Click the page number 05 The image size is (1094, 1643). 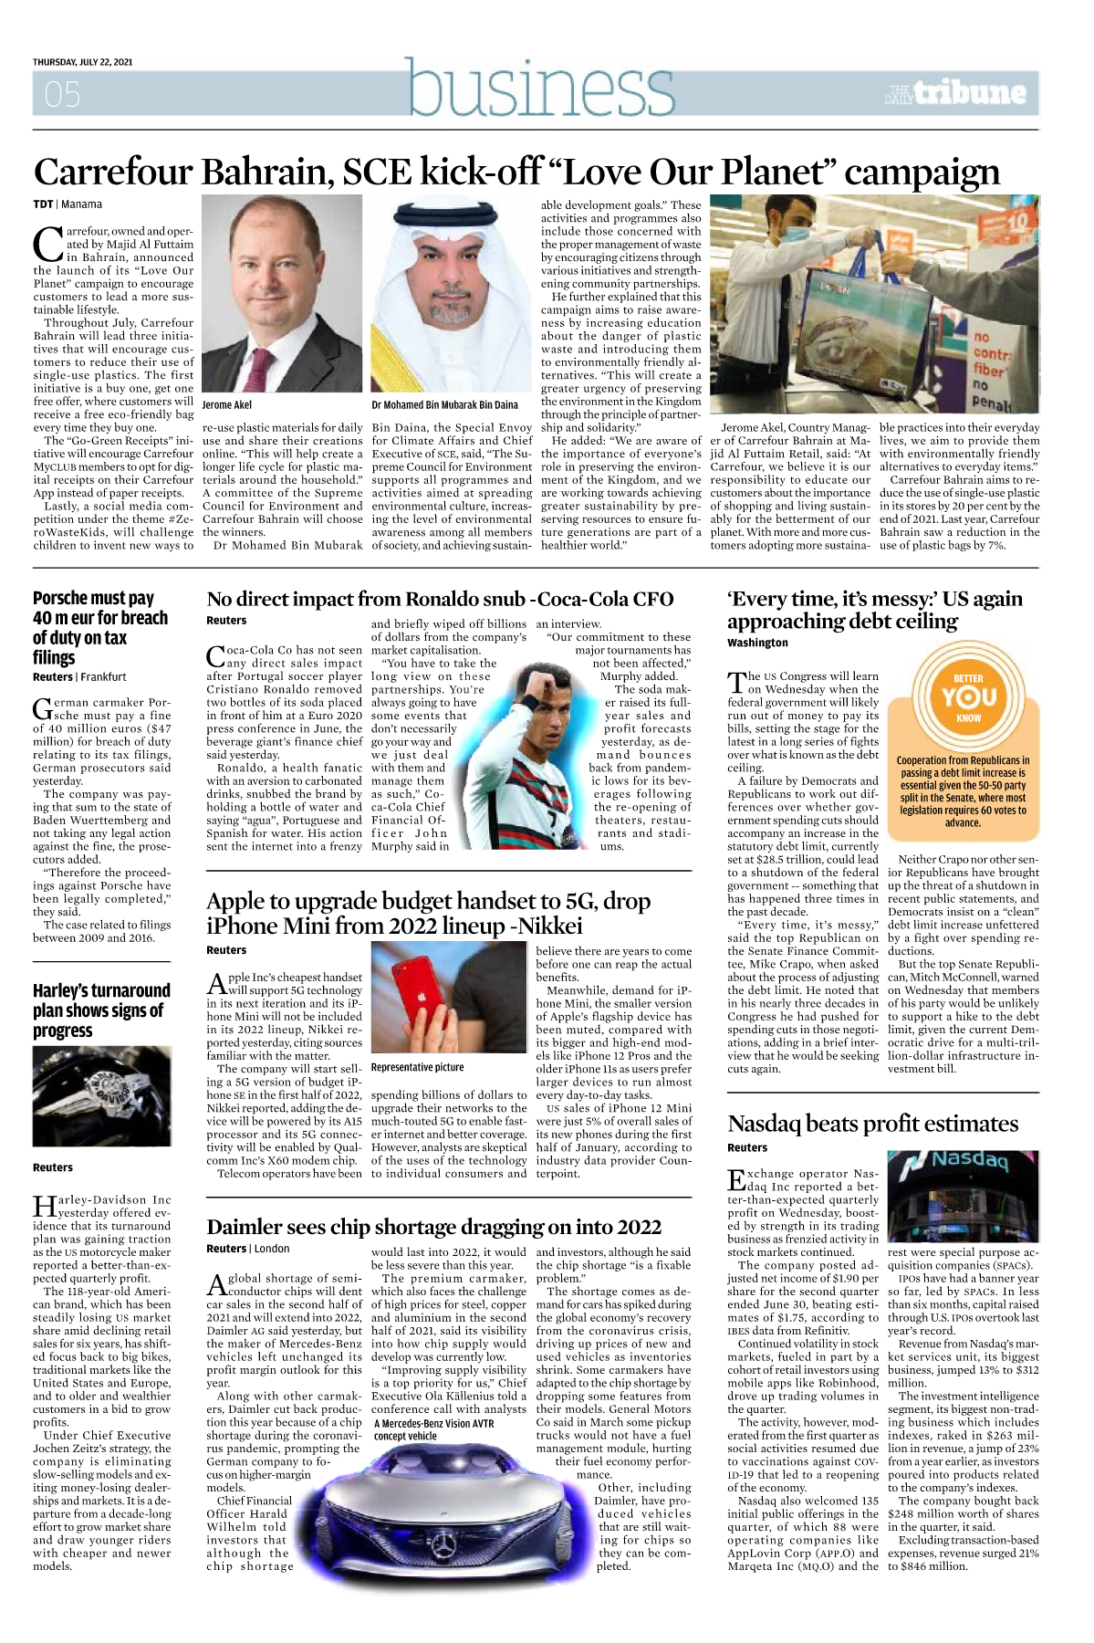click(62, 94)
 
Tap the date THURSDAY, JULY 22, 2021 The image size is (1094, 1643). click(83, 62)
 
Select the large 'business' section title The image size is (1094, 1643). click(541, 89)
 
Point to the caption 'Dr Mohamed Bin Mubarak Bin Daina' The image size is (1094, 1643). click(444, 404)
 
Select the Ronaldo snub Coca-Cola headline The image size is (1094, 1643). click(440, 599)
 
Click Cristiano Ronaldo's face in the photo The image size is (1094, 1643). click(554, 690)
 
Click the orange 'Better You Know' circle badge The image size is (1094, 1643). click(968, 697)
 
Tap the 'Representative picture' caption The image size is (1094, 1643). click(417, 1067)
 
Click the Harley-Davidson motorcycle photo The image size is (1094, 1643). click(101, 1095)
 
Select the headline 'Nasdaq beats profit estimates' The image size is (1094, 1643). click(872, 1124)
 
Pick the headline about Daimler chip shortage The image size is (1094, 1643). click(433, 1227)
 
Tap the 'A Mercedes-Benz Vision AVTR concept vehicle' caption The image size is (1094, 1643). click(433, 1429)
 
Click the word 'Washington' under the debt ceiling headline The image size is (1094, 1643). click(757, 643)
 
